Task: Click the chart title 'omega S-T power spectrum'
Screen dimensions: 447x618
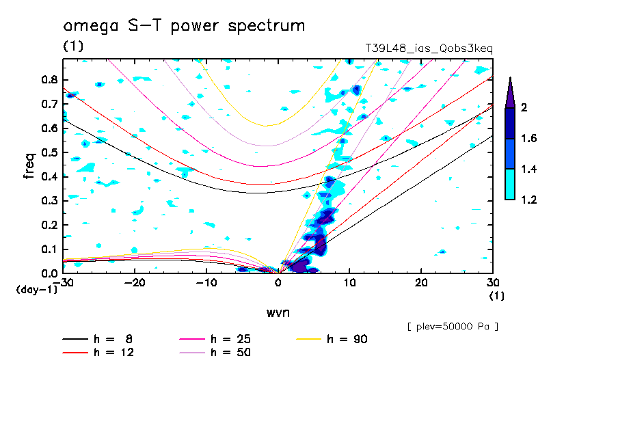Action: (184, 26)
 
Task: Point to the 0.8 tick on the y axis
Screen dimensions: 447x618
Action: (49, 79)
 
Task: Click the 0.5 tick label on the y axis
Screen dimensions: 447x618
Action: (49, 152)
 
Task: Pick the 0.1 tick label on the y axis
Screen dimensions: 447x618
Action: (49, 249)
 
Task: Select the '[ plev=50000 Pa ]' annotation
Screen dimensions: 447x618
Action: (453, 327)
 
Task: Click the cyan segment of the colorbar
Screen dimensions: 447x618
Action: (510, 185)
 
